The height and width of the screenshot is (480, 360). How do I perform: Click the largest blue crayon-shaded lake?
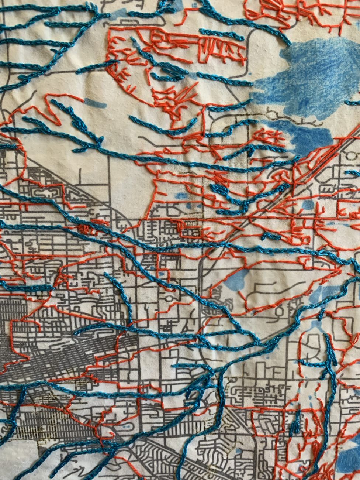coord(314,74)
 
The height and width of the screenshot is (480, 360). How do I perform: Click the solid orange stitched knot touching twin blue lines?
coord(84,228)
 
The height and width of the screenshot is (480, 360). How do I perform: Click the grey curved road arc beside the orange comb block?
coord(255,41)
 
